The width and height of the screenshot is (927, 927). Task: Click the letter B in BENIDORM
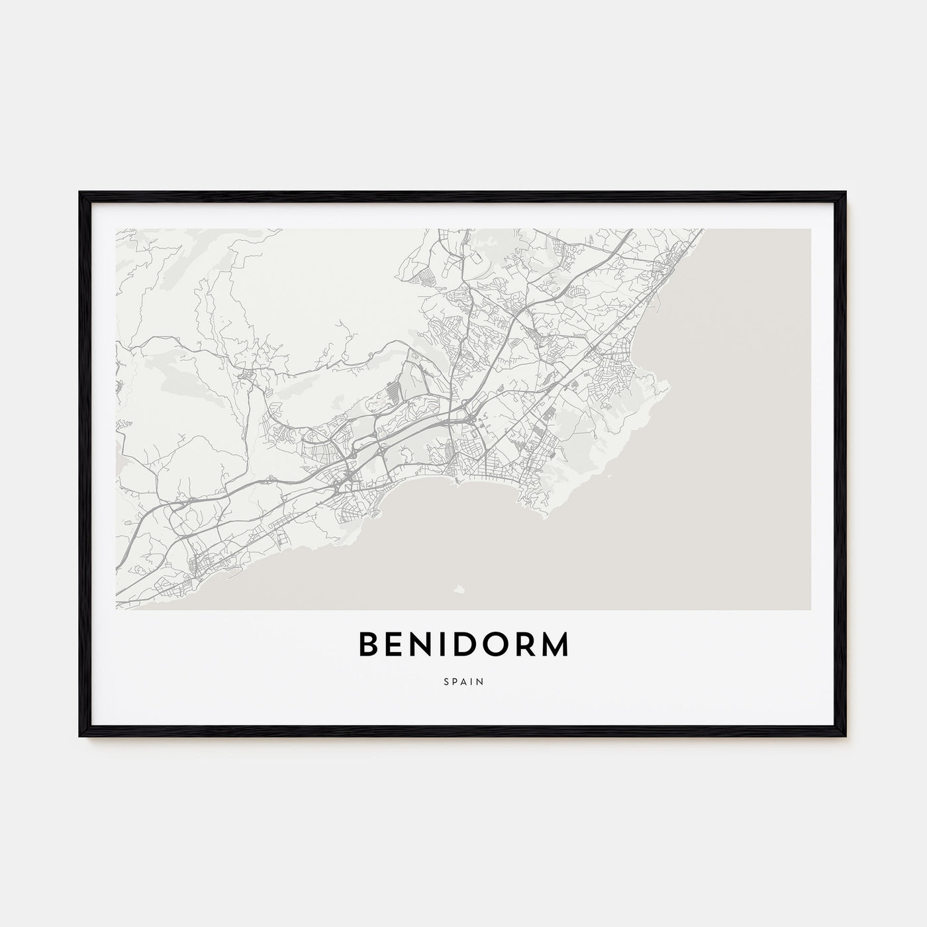point(368,644)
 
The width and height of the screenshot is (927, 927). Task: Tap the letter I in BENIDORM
point(442,644)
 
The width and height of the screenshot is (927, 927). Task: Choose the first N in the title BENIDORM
point(422,644)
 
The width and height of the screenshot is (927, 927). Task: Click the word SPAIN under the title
point(463,680)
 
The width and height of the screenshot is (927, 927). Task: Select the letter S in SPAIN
point(446,680)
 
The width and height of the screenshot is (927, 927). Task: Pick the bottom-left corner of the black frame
point(81,736)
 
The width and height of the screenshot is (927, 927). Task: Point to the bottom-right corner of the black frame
point(846,736)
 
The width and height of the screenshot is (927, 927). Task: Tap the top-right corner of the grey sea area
point(810,230)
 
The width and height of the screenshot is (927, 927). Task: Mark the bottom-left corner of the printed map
point(117,609)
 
